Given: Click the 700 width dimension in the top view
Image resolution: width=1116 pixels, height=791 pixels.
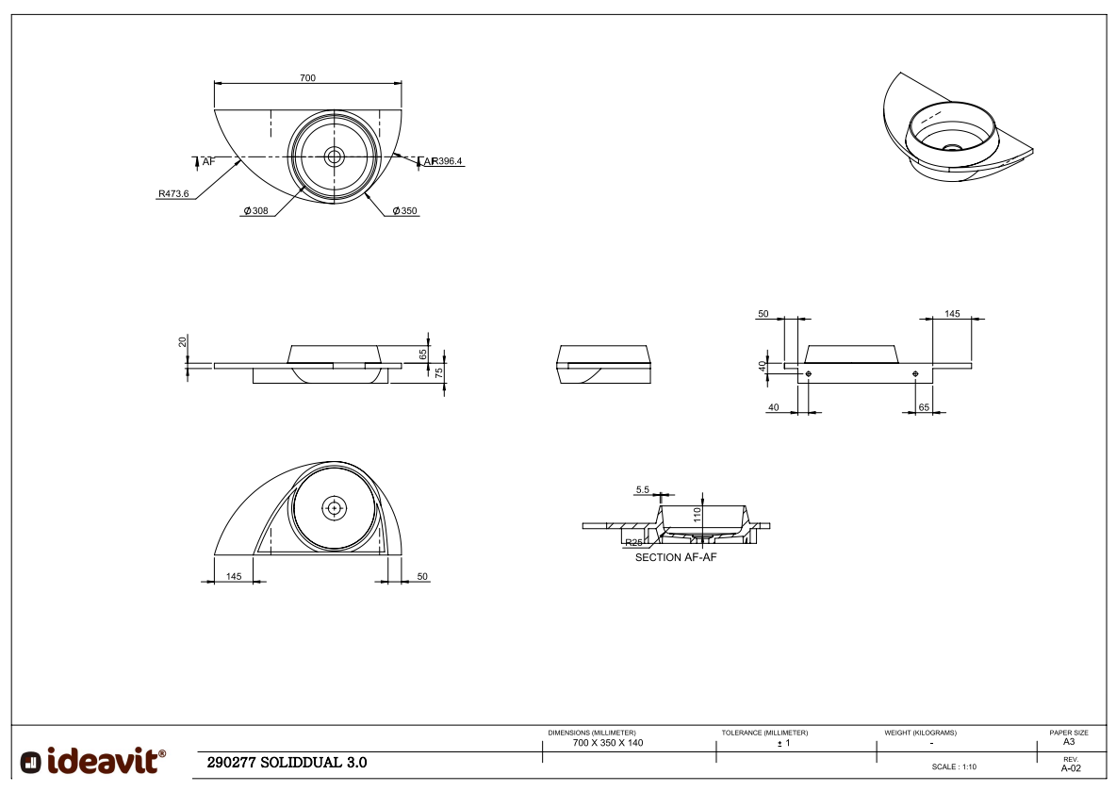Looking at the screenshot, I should [x=307, y=77].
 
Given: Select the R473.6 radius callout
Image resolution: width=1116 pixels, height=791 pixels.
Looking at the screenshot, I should [x=173, y=193].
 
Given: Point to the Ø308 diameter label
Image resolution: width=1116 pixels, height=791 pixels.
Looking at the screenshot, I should [x=256, y=211].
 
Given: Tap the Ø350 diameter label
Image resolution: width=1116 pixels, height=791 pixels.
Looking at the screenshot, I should [x=404, y=211].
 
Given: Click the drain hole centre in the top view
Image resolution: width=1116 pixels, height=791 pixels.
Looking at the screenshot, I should [x=334, y=156].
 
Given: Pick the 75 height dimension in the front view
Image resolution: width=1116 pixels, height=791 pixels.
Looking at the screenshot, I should [x=439, y=372].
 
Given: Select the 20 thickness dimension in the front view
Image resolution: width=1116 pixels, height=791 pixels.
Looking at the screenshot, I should [x=183, y=341].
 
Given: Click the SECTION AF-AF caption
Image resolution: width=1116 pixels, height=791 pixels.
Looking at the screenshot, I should [x=676, y=558].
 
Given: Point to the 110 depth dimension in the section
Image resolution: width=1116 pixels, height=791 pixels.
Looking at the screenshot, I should [x=697, y=515].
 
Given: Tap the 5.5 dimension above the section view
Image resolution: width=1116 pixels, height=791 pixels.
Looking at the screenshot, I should [x=643, y=489].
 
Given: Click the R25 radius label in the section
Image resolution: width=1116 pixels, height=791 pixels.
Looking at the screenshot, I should [x=633, y=543].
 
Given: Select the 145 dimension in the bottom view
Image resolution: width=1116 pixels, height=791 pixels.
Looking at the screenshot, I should [x=234, y=575].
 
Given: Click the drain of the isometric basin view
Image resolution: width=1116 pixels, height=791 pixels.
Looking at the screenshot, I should [x=953, y=148].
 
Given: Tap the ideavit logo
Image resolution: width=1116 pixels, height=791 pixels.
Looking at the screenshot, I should [x=93, y=760].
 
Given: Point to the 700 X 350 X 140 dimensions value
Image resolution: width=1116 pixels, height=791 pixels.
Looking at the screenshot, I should [x=608, y=743].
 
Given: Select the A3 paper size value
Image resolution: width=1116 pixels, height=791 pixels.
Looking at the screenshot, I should [x=1069, y=741].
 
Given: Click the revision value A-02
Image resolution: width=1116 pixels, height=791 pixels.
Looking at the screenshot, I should [x=1070, y=767].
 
